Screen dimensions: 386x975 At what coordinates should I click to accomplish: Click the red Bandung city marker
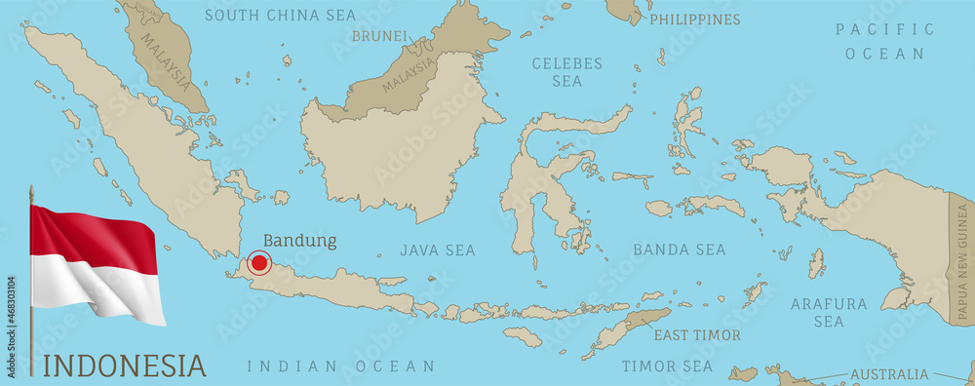click(x=258, y=261)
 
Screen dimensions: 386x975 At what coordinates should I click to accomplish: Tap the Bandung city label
click(x=300, y=240)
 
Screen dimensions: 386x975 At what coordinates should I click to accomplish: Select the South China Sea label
click(x=281, y=16)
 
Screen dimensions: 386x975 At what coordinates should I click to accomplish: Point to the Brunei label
click(x=379, y=36)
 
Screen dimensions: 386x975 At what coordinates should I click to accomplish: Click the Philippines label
click(x=694, y=19)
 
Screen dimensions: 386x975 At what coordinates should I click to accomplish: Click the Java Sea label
click(x=438, y=251)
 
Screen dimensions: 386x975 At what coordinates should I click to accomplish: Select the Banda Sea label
click(x=680, y=250)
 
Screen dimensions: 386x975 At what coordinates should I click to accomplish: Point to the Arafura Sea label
click(x=829, y=312)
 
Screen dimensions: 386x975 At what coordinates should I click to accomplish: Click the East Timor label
click(x=697, y=335)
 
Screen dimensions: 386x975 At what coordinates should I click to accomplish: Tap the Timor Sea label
click(x=668, y=367)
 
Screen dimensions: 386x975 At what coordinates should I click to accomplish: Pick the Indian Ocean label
click(x=340, y=367)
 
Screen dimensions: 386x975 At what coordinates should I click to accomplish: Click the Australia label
click(x=889, y=374)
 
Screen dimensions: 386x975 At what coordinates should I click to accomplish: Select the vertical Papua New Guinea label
click(x=962, y=258)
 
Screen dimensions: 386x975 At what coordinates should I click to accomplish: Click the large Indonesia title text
click(x=126, y=367)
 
